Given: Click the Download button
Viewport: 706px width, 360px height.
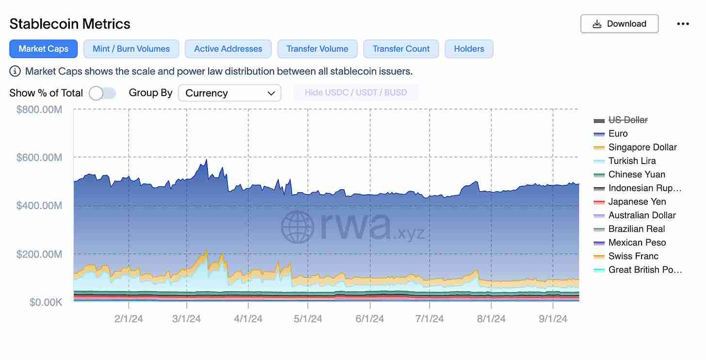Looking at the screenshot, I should tap(619, 24).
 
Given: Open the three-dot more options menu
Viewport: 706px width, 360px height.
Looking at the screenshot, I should tap(683, 24).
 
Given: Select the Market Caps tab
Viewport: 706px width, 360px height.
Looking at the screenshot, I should tap(44, 49).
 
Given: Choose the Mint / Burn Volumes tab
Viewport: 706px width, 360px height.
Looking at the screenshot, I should tap(131, 49).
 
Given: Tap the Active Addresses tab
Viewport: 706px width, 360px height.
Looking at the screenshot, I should tap(228, 49).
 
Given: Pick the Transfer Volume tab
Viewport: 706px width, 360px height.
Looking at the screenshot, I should tap(317, 49).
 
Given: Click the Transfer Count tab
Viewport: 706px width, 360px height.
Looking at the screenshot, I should tap(401, 49).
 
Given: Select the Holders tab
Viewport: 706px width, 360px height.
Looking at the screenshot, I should tap(469, 49).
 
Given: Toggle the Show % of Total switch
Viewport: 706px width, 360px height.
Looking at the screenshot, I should tap(102, 93).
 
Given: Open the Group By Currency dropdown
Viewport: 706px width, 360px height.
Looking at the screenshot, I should tap(229, 93).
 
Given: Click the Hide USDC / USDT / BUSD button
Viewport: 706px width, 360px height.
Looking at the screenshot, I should tap(356, 93).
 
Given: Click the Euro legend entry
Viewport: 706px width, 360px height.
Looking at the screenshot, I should tap(618, 133).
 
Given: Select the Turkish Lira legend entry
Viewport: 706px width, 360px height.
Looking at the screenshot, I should tap(632, 161).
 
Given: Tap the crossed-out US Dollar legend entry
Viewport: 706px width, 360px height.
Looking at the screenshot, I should tap(627, 120).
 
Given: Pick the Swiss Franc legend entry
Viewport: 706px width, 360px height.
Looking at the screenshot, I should tap(633, 256).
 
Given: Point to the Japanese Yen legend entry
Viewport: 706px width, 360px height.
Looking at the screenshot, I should tap(637, 202).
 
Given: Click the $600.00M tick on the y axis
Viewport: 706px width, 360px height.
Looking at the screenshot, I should tap(39, 157).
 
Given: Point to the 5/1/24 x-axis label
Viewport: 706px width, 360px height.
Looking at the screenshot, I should tap(308, 319).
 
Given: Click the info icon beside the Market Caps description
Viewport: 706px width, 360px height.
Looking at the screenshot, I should tap(16, 71).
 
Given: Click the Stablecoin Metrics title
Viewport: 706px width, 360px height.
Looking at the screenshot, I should tap(70, 24).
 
